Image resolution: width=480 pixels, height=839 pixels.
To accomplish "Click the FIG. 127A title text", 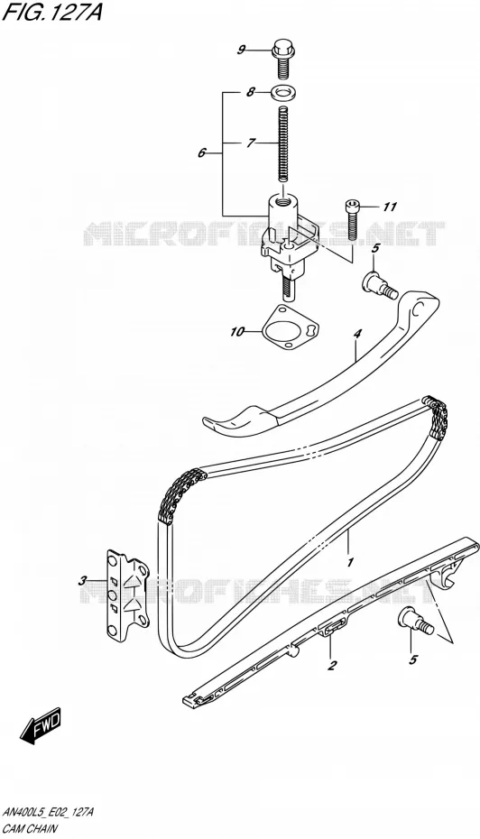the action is (52, 13).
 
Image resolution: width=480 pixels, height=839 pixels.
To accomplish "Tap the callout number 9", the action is (241, 51).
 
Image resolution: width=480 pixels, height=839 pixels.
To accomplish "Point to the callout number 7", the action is (251, 143).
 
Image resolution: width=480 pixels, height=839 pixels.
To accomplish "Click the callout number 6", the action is (202, 153).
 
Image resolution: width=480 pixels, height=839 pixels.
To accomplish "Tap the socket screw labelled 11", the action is (352, 219).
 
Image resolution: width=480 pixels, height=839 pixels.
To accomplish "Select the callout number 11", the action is (390, 207).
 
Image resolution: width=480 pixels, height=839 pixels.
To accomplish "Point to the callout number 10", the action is (237, 332).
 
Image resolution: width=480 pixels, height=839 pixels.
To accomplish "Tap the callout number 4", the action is (357, 334).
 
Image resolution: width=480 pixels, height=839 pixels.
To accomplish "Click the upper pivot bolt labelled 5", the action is (379, 282).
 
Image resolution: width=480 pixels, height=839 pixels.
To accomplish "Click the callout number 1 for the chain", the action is (350, 562).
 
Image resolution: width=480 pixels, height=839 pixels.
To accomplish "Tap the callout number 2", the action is (332, 666).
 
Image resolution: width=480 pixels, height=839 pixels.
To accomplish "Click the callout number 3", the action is (83, 580).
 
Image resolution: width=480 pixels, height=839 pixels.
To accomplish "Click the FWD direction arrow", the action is (42, 725).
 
